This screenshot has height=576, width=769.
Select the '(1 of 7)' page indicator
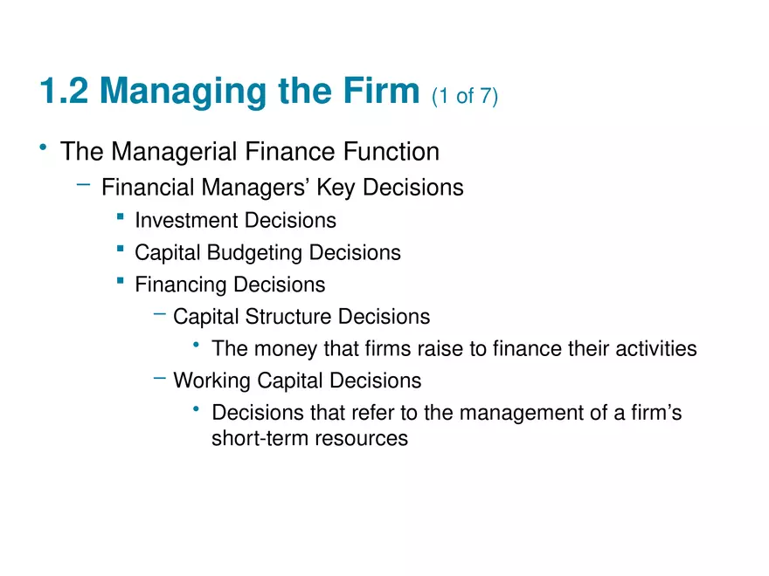465,95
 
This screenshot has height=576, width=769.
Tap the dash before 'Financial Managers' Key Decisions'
83,184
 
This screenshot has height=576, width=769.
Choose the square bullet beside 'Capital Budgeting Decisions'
120,250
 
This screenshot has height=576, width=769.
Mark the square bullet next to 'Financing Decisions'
120,281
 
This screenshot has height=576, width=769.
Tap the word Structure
288,317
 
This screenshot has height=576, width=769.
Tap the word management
516,413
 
